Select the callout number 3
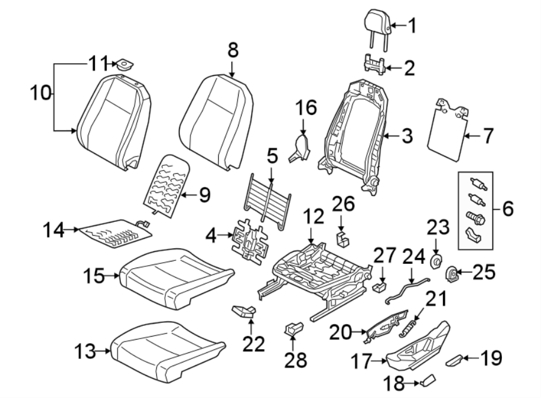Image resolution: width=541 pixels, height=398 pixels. [x=407, y=136]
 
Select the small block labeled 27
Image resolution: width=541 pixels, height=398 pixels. [x=379, y=286]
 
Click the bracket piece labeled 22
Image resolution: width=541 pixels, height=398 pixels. [x=243, y=310]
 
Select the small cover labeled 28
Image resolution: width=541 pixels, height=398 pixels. [x=293, y=328]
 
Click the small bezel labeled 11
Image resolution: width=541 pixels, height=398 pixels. [x=125, y=64]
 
